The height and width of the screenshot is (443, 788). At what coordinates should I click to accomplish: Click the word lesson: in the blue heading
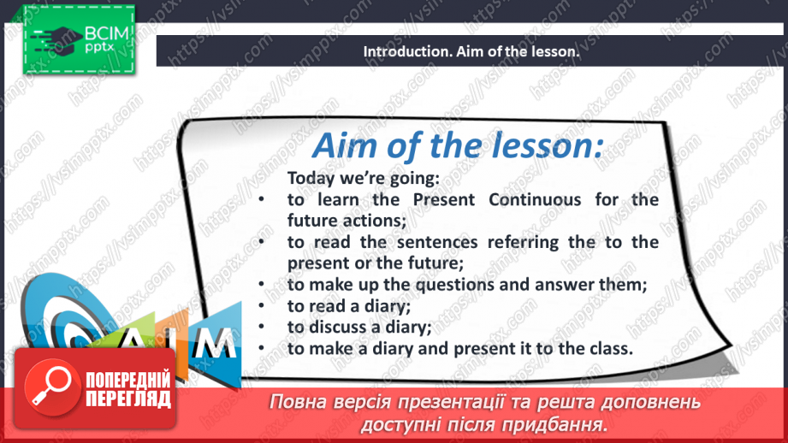click(x=547, y=145)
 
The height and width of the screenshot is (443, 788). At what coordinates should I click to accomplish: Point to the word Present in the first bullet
click(x=444, y=200)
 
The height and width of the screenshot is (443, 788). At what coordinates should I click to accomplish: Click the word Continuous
click(x=535, y=200)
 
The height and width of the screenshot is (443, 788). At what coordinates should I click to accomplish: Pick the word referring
click(x=523, y=243)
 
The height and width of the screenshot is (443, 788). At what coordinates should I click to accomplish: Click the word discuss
click(x=337, y=327)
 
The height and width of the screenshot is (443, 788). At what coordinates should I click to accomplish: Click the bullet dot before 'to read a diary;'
click(x=261, y=304)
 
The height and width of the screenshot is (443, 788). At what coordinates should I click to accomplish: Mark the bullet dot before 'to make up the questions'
click(x=261, y=284)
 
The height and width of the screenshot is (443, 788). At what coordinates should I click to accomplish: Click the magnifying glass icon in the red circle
click(x=51, y=386)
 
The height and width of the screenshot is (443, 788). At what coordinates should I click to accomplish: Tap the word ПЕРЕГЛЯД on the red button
click(x=128, y=399)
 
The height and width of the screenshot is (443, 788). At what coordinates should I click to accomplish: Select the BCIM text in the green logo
click(x=107, y=33)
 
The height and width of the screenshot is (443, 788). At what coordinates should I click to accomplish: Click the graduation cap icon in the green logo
click(x=59, y=38)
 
